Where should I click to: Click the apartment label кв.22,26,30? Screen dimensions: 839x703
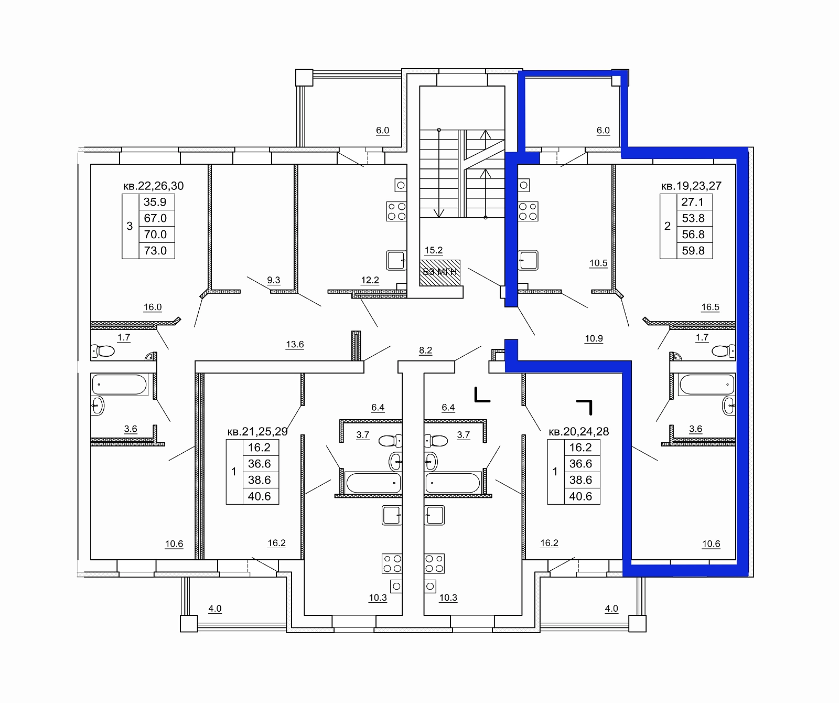point(153,186)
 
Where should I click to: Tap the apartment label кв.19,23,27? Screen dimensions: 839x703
point(691,186)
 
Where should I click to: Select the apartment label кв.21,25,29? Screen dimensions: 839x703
point(257,432)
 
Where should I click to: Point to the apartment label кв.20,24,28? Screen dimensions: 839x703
point(578,432)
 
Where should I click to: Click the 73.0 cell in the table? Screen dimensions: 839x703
point(155,250)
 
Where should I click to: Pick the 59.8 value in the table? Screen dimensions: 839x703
point(693,250)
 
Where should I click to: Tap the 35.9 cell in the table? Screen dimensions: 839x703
point(155,202)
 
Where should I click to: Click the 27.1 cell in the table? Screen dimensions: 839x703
point(693,202)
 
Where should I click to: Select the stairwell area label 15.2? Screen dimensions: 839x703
point(434,250)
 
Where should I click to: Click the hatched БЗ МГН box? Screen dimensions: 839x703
point(440,272)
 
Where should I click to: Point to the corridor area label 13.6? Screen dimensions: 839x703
point(295,345)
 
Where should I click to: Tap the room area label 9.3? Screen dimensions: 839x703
point(274,280)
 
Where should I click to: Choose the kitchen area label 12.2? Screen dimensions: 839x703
point(370,280)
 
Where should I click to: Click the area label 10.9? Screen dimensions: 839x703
point(594,339)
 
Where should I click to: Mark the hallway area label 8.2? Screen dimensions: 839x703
point(425,350)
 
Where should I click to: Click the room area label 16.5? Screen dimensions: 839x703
point(711,307)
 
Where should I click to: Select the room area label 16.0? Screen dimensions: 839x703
point(153,307)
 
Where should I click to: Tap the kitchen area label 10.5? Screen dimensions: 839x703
point(598,263)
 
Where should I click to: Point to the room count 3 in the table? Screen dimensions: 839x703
point(130,226)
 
